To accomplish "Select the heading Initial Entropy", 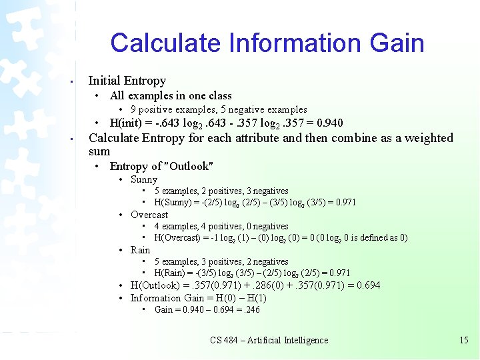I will point(127,81).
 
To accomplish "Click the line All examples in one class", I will point(171,95).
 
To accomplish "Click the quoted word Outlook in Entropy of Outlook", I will point(193,166).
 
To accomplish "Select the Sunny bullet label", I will point(144,179).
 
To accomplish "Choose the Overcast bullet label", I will point(149,215).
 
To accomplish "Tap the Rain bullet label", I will point(140,250).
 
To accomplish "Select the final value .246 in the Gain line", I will point(251,309).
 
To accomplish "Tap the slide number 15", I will point(464,340).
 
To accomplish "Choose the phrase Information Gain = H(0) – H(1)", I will point(198,298).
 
